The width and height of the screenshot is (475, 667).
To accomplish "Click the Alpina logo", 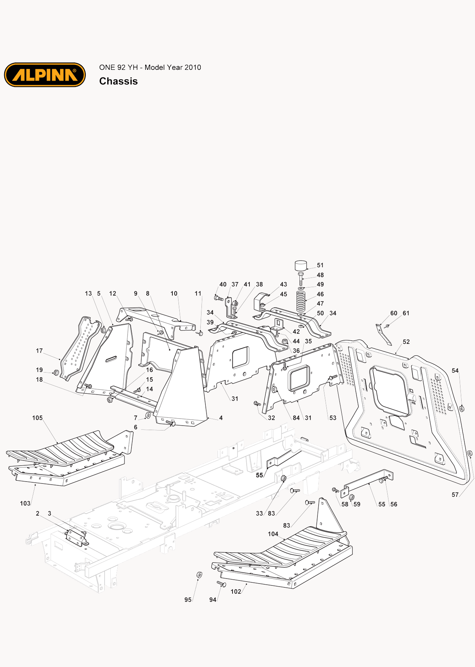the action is tap(45, 75).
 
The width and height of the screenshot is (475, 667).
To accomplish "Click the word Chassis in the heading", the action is tap(118, 81).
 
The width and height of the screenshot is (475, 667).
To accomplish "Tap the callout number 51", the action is tap(320, 265).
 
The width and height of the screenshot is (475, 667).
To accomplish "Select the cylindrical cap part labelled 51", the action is tap(301, 265).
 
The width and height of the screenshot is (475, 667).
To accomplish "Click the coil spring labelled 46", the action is tap(301, 301).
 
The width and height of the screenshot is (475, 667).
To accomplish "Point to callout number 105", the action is tap(38, 418).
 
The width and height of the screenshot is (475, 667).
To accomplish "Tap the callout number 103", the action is tap(25, 503).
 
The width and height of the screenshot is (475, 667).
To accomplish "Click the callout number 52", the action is tap(406, 342).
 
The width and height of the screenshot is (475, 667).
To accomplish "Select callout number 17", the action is tap(39, 351).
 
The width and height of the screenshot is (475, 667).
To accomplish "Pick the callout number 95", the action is tap(188, 600).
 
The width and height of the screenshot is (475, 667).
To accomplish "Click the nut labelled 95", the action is tap(199, 575).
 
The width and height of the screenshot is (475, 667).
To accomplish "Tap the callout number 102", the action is tap(236, 591).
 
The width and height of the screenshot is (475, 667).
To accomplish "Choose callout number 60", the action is tap(394, 313).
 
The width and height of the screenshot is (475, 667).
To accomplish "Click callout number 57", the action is tap(455, 495).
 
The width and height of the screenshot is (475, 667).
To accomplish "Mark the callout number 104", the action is tap(273, 534).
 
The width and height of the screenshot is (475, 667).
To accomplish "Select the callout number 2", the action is tap(38, 513).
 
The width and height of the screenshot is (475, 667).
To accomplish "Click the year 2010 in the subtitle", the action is tap(193, 67).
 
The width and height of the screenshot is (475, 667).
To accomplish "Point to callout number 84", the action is tap(296, 418).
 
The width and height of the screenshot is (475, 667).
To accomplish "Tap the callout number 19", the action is tap(39, 370).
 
